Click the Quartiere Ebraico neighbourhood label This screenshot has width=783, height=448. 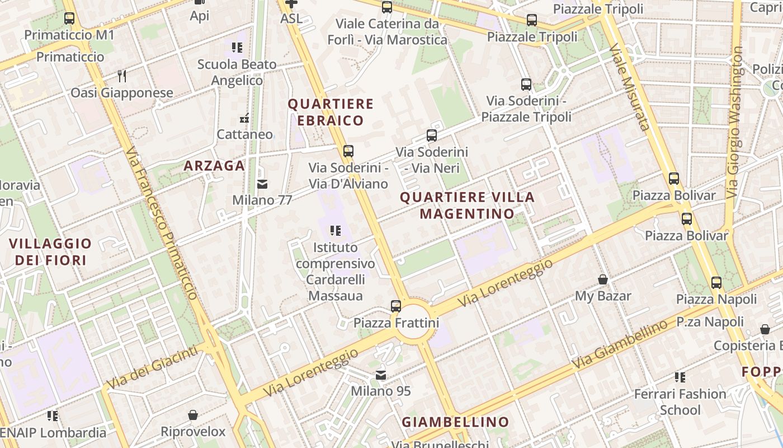click(x=330, y=112)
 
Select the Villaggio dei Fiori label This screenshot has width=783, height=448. click(x=50, y=252)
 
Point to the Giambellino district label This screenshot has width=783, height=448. click(x=456, y=422)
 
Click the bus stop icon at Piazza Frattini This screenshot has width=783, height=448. click(x=396, y=306)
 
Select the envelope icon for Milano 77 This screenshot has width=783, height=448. click(x=262, y=184)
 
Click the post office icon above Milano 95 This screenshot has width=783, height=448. click(x=381, y=375)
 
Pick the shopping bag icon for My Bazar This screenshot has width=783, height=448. click(x=603, y=279)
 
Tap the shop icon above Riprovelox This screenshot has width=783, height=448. click(x=193, y=416)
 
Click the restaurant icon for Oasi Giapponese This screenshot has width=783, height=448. click(x=122, y=76)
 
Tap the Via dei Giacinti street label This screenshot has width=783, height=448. click(x=152, y=367)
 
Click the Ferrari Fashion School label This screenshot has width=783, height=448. click(x=680, y=402)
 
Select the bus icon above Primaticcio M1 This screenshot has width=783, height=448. click(x=69, y=18)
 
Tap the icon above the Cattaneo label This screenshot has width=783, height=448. click(x=244, y=118)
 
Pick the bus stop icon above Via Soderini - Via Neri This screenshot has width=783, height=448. click(x=432, y=136)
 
